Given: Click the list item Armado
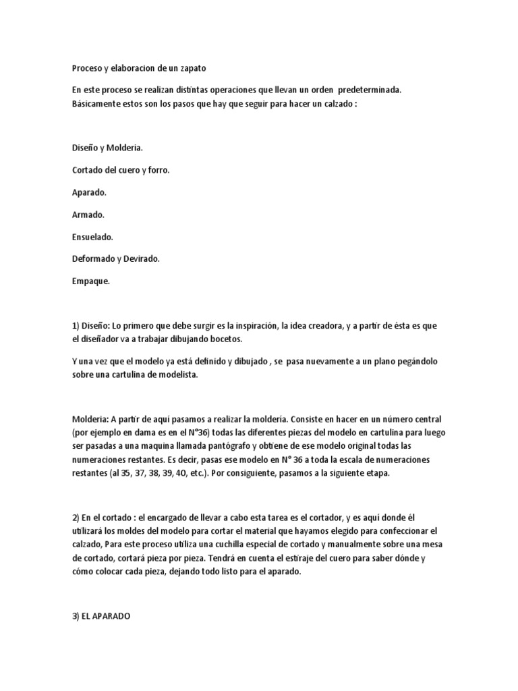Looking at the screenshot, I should [x=88, y=215].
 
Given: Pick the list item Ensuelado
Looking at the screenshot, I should [x=92, y=237].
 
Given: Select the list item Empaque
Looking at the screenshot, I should [x=90, y=281].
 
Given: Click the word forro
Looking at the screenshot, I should [x=157, y=170].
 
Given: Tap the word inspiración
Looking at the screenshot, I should [x=253, y=325].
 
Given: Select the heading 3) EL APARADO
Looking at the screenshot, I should [x=105, y=615].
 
